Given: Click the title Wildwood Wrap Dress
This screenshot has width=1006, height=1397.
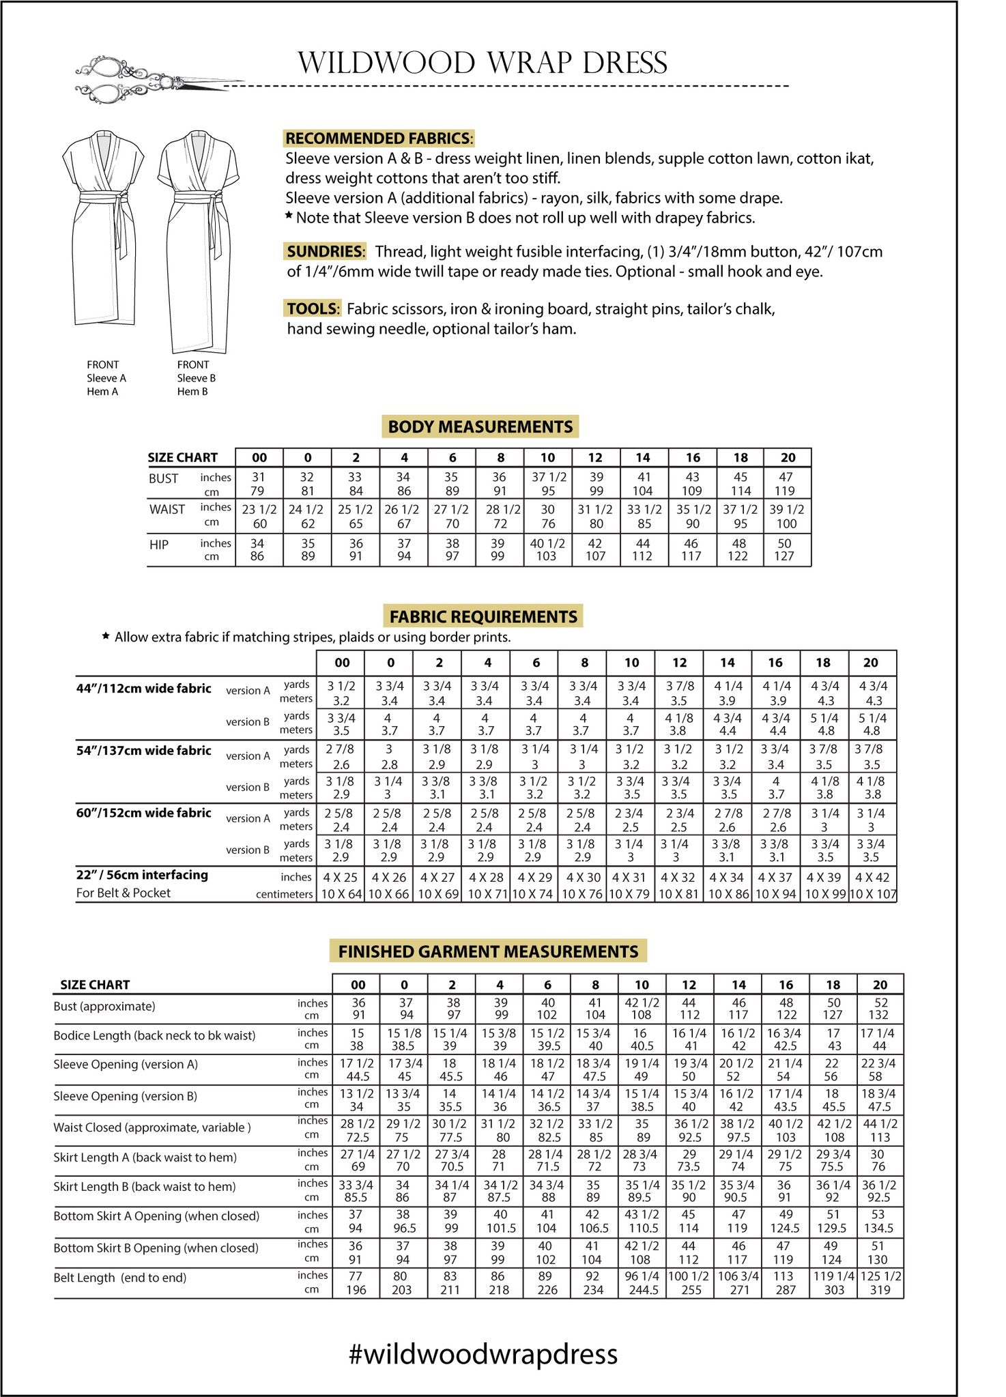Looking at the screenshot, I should click(x=483, y=63).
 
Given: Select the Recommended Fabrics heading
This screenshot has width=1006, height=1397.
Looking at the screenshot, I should click(x=378, y=138).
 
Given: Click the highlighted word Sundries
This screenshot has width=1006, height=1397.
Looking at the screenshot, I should click(x=324, y=251).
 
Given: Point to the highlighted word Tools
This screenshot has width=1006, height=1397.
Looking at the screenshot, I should click(x=312, y=308).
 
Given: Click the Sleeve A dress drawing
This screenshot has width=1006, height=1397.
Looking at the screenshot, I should click(x=103, y=229).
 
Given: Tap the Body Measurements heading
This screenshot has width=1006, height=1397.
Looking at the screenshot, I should click(x=480, y=427).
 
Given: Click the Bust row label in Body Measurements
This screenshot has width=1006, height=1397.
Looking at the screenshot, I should click(x=163, y=478).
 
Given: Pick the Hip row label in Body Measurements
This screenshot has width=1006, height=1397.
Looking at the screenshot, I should click(x=159, y=545).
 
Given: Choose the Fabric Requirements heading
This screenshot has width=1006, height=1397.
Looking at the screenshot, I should click(x=483, y=616).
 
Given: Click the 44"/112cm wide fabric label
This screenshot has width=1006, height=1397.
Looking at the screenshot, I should click(x=143, y=689).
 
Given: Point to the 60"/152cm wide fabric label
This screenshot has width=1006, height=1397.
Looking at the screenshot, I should click(x=143, y=813).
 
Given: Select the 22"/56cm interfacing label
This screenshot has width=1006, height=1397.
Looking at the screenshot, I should click(x=142, y=875).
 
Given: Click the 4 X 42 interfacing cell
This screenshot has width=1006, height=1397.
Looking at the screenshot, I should click(x=872, y=878).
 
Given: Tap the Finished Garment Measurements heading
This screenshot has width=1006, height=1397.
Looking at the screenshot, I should click(x=488, y=951).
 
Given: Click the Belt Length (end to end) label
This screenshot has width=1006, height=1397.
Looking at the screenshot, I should click(x=119, y=1278).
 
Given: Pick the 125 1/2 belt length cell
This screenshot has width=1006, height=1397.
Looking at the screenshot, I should click(x=880, y=1276).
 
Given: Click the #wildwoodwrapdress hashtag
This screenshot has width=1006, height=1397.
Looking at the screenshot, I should click(x=483, y=1354).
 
